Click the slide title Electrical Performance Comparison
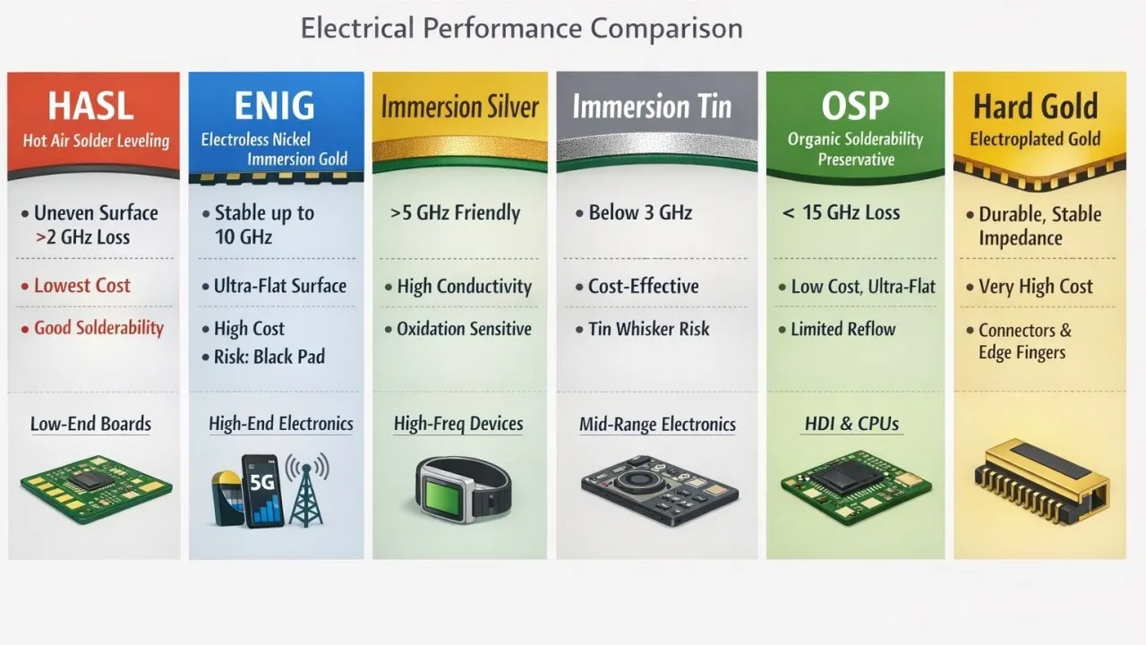click(521, 28)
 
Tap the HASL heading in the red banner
click(90, 107)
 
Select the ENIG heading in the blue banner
click(274, 107)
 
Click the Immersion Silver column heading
click(459, 108)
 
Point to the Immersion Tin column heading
click(652, 108)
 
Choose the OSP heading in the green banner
click(855, 107)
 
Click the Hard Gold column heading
click(1035, 107)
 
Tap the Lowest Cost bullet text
click(82, 286)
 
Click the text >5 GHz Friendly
click(455, 213)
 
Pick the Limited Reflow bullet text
click(842, 329)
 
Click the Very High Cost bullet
click(1036, 287)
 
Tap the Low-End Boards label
click(90, 424)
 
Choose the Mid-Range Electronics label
click(657, 425)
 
